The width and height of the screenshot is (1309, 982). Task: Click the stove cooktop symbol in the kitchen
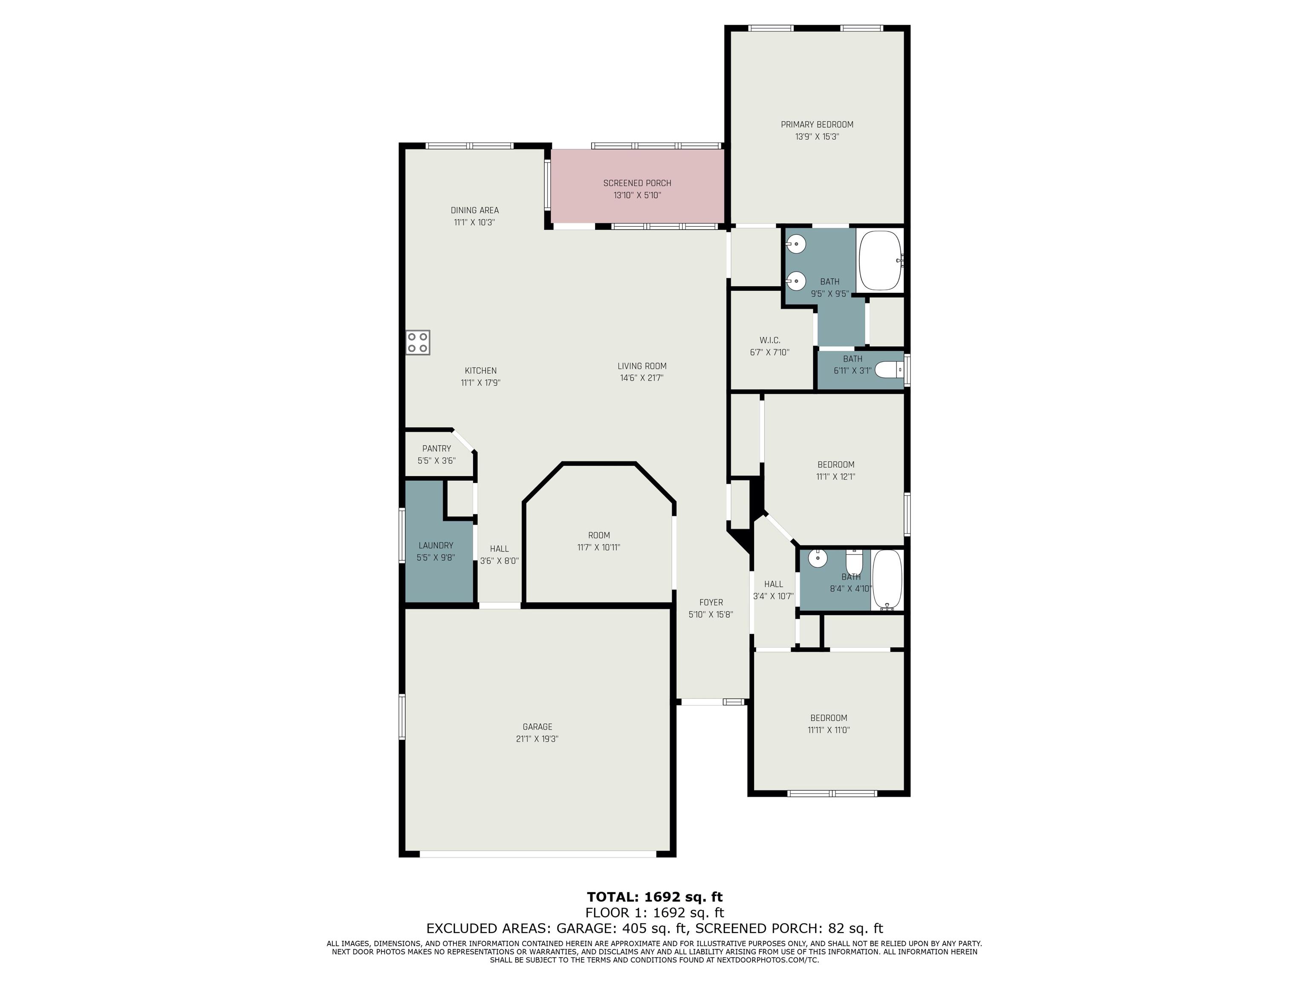point(418,343)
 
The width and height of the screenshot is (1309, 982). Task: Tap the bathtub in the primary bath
point(881,260)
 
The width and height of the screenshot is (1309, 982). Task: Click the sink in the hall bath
point(818,557)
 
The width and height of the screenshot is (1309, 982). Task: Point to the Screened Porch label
point(637,183)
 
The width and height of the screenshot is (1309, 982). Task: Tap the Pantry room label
point(437,449)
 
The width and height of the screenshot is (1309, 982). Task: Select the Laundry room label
point(436,546)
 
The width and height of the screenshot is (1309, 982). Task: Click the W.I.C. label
point(770,340)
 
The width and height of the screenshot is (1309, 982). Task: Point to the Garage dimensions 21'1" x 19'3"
point(537,739)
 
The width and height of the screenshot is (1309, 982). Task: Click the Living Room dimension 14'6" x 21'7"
point(642,378)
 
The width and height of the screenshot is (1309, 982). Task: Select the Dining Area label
point(474,211)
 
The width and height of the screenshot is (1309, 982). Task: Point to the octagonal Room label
point(599,535)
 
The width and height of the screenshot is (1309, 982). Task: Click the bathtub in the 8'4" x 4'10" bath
point(887,580)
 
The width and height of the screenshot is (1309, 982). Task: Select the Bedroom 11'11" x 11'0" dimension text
point(829,730)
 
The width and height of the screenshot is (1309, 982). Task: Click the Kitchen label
point(480,371)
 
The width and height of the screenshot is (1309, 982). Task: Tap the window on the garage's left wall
point(402,716)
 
